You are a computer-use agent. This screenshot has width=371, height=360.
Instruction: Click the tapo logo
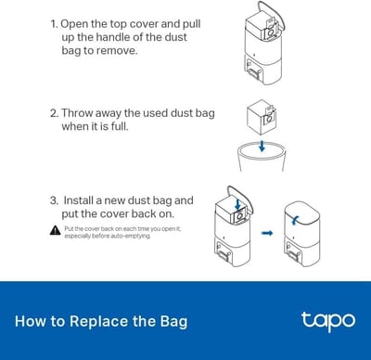point(328,322)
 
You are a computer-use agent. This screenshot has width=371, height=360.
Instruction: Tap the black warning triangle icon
point(55,230)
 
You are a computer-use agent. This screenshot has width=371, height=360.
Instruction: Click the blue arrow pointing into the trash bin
point(262,146)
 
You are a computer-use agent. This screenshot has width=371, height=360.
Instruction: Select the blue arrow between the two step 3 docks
point(267,233)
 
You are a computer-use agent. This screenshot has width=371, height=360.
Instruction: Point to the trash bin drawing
point(262,156)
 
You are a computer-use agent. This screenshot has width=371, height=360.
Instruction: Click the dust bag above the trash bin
point(262,117)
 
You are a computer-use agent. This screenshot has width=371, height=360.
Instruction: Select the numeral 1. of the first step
point(54,24)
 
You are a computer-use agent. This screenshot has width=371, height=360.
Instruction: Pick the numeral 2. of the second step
point(54,113)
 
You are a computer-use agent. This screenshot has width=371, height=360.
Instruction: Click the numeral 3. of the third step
point(54,200)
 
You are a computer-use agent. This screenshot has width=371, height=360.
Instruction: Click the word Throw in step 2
point(77,113)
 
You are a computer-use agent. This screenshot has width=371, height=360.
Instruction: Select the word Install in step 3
point(78,200)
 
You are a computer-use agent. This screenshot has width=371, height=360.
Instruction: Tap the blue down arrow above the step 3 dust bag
point(237,204)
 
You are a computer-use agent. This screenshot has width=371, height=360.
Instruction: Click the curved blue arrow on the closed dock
point(295,220)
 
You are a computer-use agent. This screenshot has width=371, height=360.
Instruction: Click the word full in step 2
point(120,126)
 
